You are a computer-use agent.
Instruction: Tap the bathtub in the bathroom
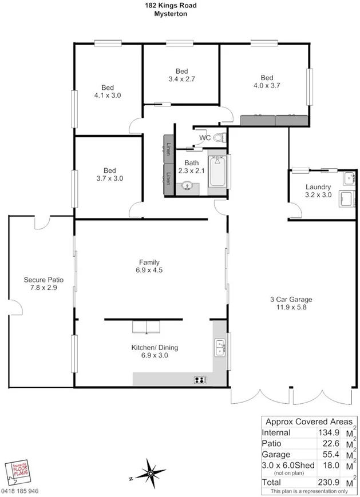pos(217,170)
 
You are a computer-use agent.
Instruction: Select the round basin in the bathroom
pos(187,186)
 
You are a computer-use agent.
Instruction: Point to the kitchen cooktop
pos(200,379)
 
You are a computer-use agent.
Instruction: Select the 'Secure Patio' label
pos(43,280)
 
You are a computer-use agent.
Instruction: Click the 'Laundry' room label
pos(318,187)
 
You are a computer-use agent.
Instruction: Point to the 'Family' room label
pos(149,263)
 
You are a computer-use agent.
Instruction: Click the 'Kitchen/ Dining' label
pos(150,347)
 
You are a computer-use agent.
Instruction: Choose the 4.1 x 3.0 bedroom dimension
pos(107,96)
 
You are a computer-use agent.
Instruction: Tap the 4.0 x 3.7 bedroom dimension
pos(266,86)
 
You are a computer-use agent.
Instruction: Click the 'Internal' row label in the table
pos(276,433)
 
